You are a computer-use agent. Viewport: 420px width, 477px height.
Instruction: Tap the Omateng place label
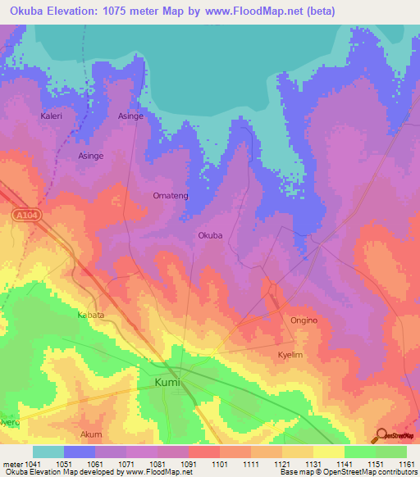(x=171, y=196)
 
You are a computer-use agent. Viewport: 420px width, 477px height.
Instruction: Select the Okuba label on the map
(x=210, y=235)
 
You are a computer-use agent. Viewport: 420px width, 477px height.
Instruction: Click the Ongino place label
(x=304, y=320)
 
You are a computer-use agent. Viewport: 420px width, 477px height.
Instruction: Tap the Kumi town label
(x=167, y=382)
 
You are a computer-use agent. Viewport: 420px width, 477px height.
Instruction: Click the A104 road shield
(x=26, y=215)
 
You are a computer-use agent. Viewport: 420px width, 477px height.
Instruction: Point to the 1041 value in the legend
(x=32, y=463)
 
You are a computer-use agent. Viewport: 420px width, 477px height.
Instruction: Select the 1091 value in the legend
(x=189, y=463)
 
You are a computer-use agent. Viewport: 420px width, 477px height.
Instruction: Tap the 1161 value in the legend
(x=406, y=463)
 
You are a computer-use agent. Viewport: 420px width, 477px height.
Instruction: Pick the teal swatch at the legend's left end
(x=48, y=452)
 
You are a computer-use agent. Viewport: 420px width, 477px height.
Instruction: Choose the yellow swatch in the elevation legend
(x=328, y=452)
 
